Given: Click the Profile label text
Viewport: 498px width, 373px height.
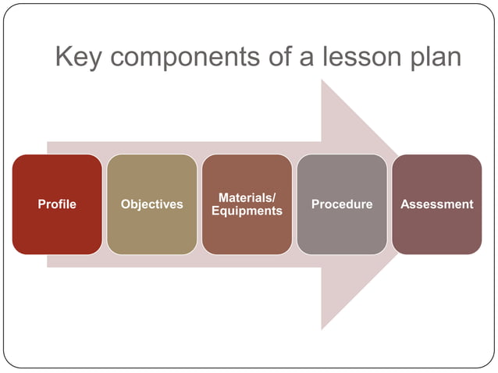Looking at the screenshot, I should pyautogui.click(x=57, y=204).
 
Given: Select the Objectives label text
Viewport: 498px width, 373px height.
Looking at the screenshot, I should pyautogui.click(x=152, y=204).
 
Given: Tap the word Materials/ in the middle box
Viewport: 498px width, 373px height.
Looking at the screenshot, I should pyautogui.click(x=247, y=198).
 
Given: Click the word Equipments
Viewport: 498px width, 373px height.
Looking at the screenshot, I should pyautogui.click(x=247, y=211).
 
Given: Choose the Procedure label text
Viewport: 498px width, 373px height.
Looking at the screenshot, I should pyautogui.click(x=342, y=204).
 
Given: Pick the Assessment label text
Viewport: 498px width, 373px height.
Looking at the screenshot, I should pyautogui.click(x=437, y=204).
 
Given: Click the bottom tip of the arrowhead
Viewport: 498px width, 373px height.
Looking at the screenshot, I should pyautogui.click(x=323, y=327).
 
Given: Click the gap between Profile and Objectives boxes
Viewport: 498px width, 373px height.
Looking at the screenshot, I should pyautogui.click(x=105, y=204).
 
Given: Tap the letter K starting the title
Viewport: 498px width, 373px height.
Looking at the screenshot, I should pyautogui.click(x=65, y=57).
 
